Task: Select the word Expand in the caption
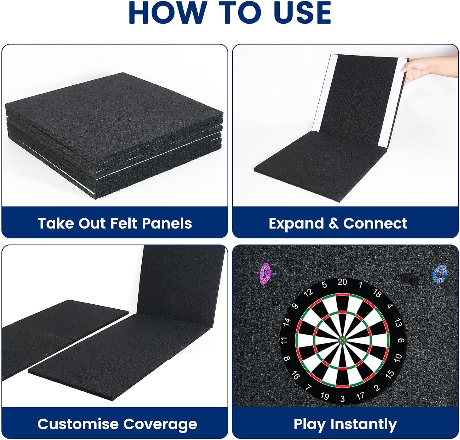click(296, 224)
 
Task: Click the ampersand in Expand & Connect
click(333, 223)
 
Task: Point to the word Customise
click(78, 424)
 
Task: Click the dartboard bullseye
click(342, 340)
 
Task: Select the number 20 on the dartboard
click(342, 282)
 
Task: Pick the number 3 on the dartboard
click(342, 399)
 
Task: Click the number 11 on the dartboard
click(284, 340)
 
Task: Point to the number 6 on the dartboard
click(401, 340)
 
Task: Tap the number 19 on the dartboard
click(324, 396)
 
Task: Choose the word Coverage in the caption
click(160, 424)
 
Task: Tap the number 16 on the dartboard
click(295, 375)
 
